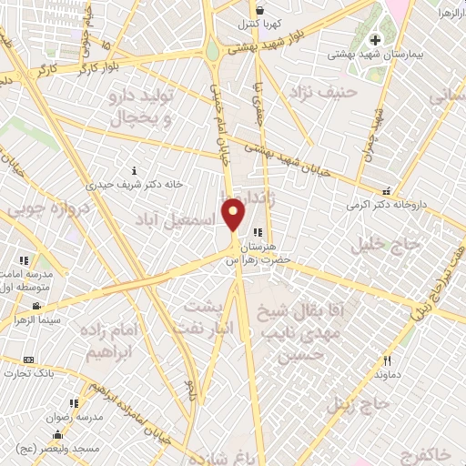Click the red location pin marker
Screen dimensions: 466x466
[x=234, y=216]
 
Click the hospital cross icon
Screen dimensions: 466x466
[x=375, y=41]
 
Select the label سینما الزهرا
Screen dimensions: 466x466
[x=35, y=321]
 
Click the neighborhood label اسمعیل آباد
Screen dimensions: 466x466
[x=175, y=220]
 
